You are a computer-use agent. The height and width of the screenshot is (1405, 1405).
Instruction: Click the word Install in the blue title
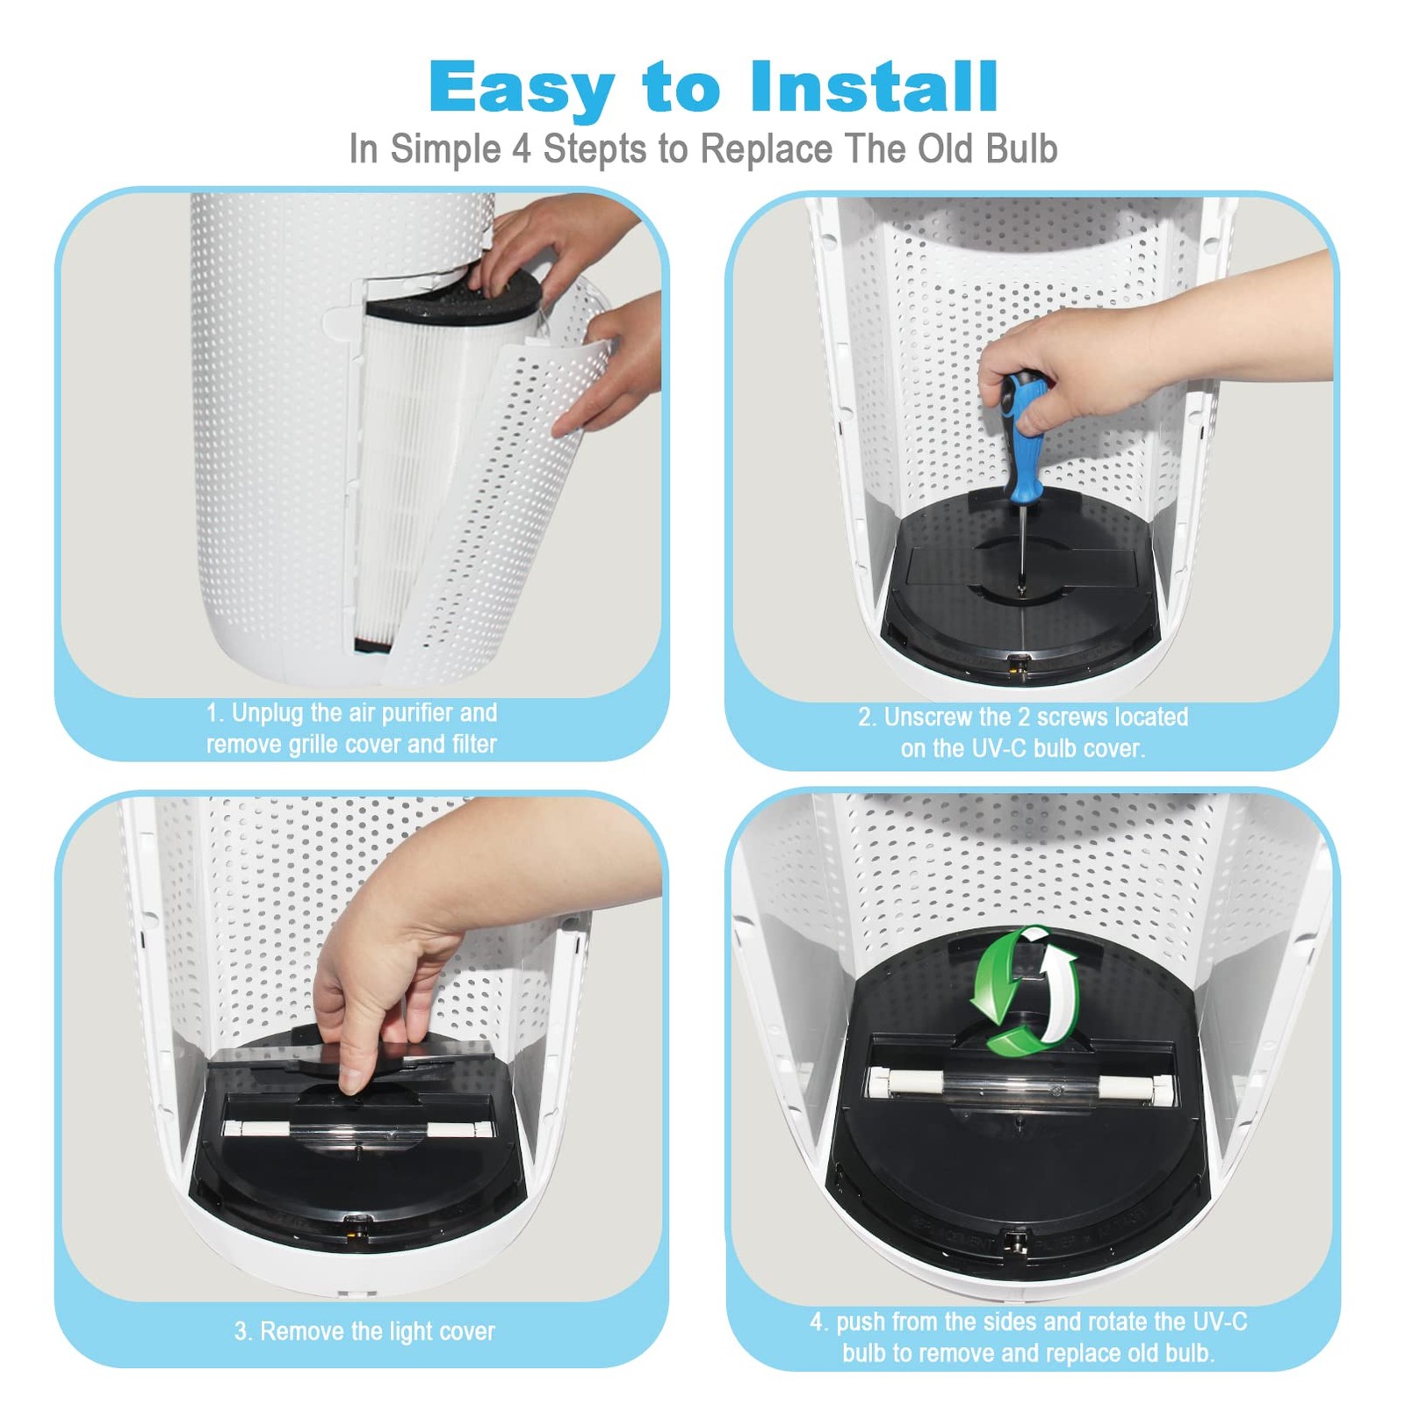874,87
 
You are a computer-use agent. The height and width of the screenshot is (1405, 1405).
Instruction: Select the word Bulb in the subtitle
1021,148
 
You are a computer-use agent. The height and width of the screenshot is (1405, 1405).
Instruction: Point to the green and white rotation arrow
1024,990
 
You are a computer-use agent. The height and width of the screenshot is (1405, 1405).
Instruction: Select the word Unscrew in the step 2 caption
933,717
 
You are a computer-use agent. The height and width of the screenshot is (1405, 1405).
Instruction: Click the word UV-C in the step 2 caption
997,749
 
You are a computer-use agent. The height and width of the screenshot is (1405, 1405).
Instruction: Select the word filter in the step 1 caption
474,745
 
